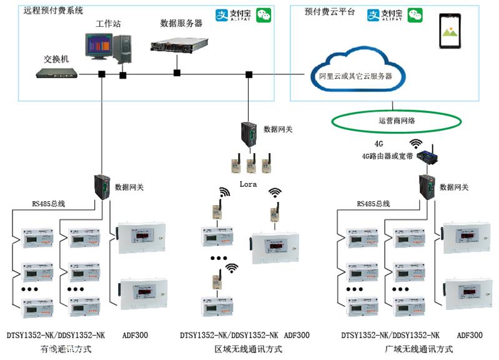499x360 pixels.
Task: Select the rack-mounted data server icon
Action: [179, 44]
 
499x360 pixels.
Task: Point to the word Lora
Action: [249, 184]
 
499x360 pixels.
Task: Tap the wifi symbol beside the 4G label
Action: [415, 144]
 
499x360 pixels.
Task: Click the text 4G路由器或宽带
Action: [388, 156]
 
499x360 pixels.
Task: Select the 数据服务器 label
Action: [181, 23]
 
